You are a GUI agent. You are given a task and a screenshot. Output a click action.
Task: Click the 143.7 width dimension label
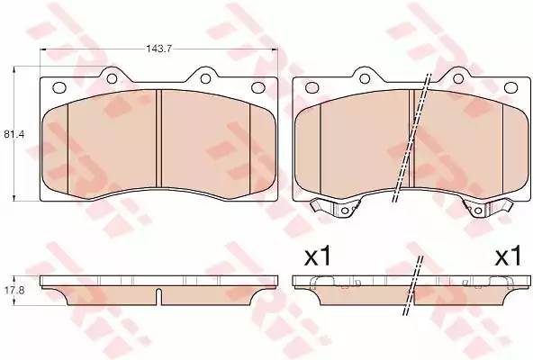tap(158, 49)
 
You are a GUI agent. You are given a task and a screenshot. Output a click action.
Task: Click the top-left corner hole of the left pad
tap(59, 87)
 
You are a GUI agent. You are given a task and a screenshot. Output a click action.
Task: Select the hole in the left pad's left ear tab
tap(112, 79)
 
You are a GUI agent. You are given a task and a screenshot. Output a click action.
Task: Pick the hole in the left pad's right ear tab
tap(205, 79)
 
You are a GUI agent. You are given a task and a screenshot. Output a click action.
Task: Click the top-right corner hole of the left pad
tap(257, 87)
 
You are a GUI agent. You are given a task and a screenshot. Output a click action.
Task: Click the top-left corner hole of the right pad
tap(312, 87)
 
